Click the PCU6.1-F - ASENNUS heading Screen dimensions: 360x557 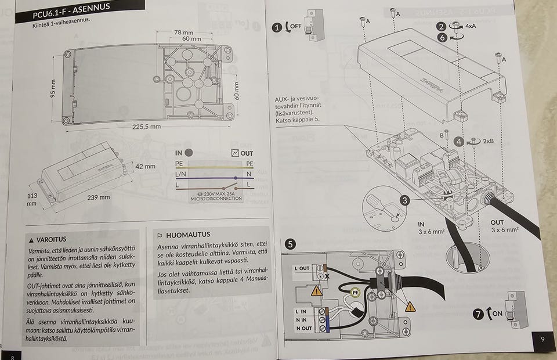coord(74,10)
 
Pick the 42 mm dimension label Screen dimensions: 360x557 coord(145,167)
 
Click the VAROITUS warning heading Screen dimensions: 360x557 coord(51,239)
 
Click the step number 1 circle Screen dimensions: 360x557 coord(278,27)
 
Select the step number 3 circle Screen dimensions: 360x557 coord(405,200)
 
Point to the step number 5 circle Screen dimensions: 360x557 coord(290,244)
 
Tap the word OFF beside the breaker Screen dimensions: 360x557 coord(295,27)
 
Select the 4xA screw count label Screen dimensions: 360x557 coord(471,27)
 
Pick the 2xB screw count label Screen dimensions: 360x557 coord(487,141)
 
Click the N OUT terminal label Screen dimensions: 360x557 coord(304,329)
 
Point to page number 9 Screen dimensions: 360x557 coord(542,339)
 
